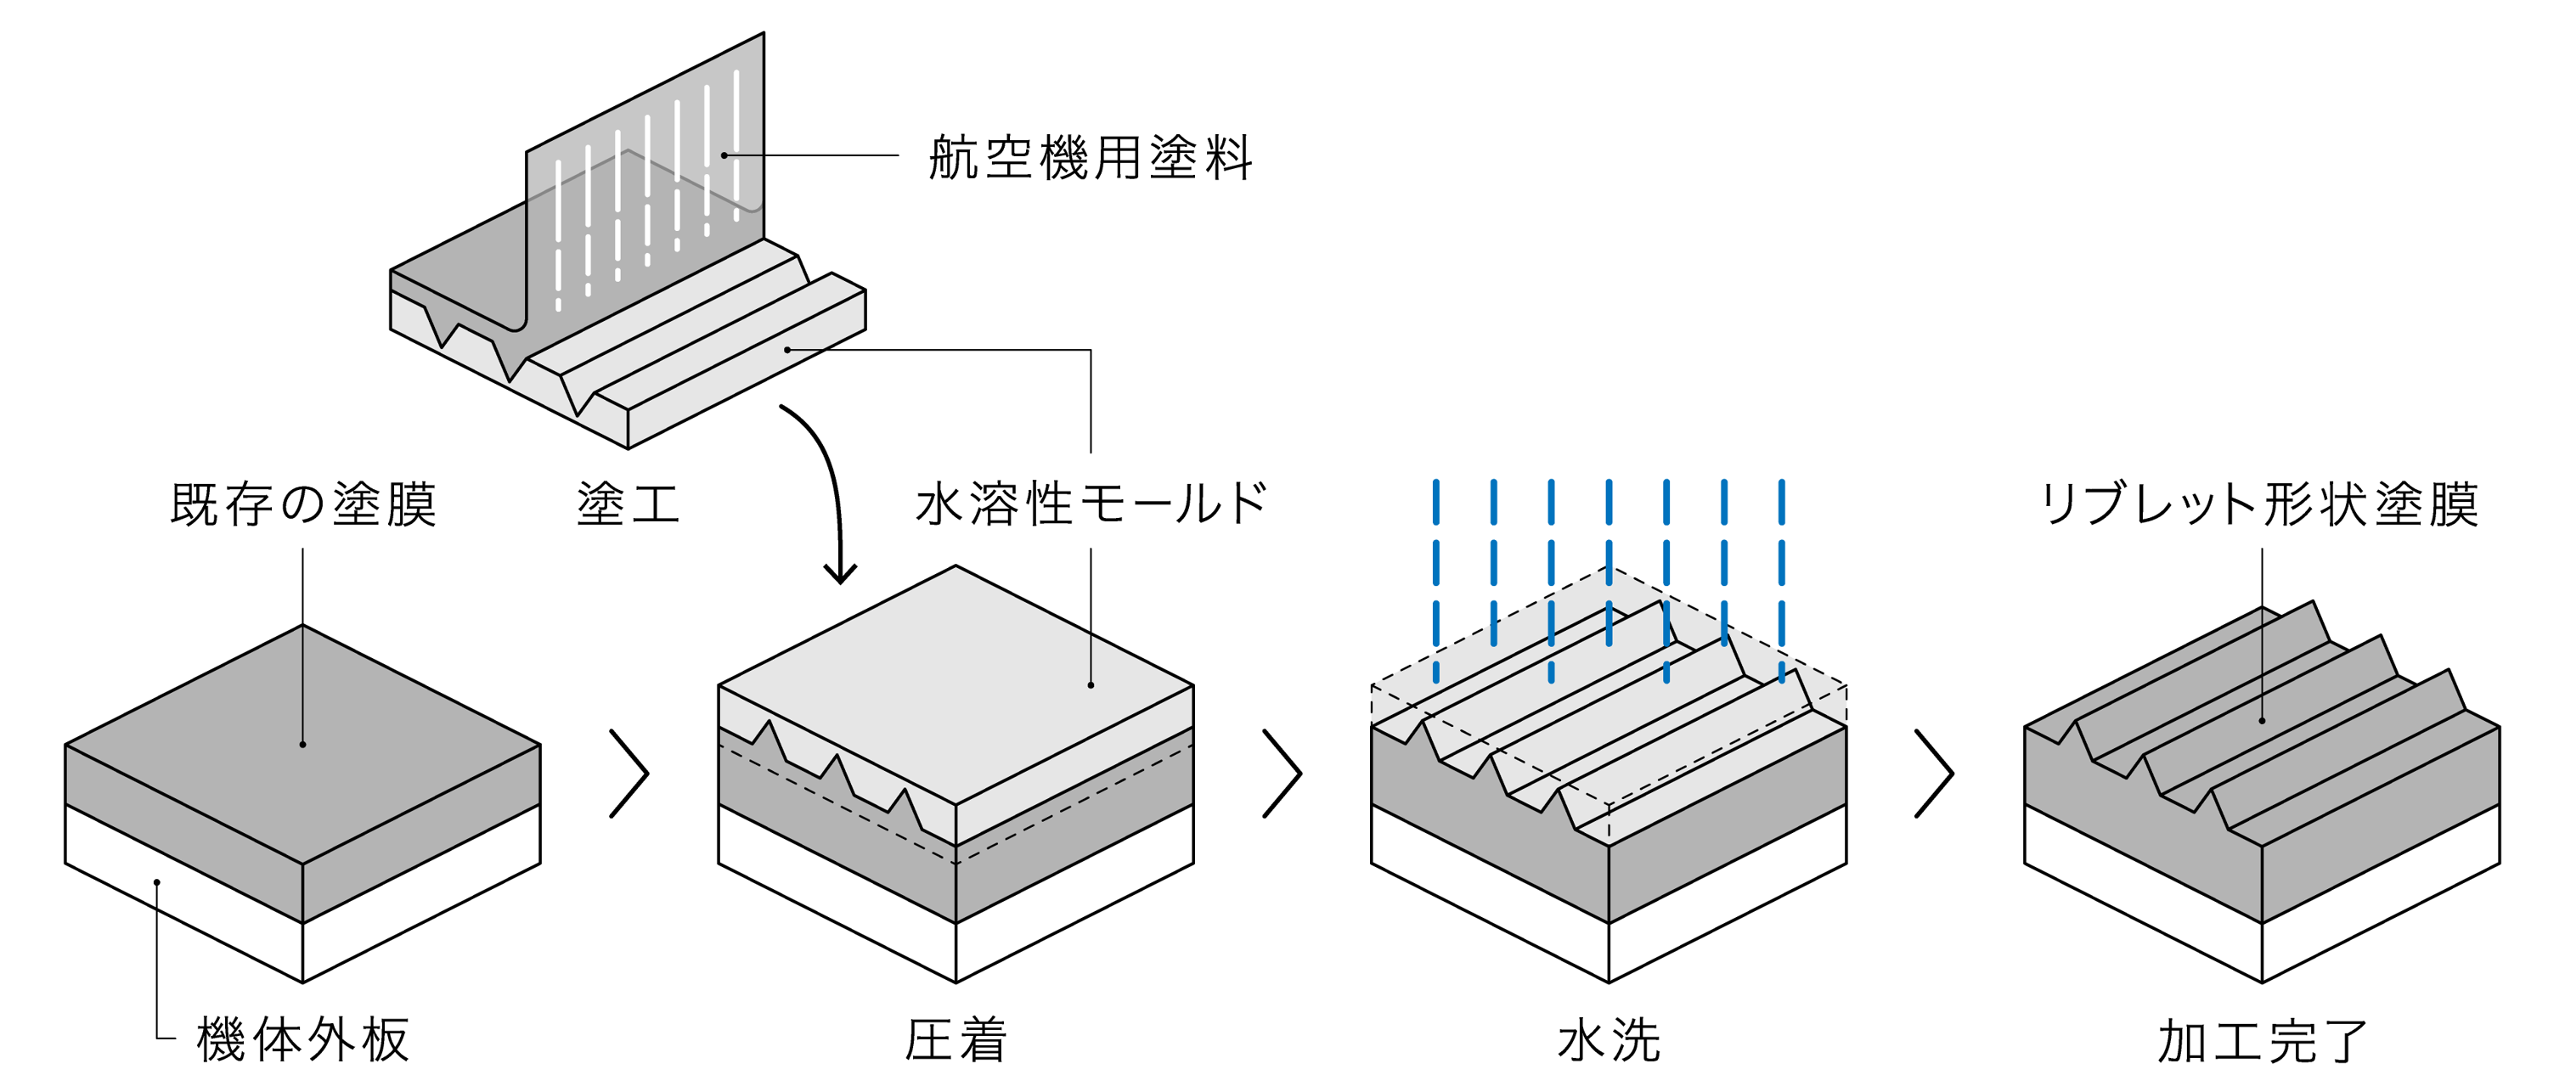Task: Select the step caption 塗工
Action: coord(628,504)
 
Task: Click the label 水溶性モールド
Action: coord(1091,504)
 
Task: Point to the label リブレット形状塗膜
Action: coord(2259,504)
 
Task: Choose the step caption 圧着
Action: coord(955,1040)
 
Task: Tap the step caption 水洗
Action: coord(1608,1040)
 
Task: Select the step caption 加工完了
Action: coord(2261,1040)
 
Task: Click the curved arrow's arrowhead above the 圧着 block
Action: coord(840,576)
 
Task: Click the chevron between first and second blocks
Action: coord(630,774)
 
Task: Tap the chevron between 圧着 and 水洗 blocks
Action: coord(1282,774)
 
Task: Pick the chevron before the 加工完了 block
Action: coord(1935,774)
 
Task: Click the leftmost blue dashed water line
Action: coord(1436,577)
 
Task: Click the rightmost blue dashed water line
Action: coord(1781,577)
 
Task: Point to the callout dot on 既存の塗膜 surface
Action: coord(302,745)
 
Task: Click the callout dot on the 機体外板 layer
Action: coord(157,882)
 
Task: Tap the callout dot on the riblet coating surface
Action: coord(2263,721)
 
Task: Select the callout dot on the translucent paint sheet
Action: coord(724,155)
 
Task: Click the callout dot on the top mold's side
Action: coord(787,349)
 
